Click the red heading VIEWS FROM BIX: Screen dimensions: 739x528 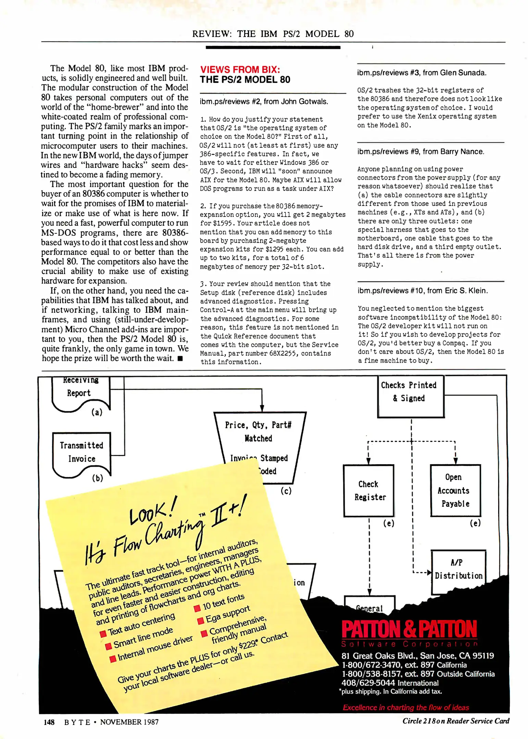(240, 69)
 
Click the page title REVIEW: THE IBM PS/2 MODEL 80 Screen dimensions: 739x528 (273, 34)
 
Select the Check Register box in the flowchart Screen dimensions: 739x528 (369, 490)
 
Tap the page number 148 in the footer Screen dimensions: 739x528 (49, 722)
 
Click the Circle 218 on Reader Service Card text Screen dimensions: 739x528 (455, 721)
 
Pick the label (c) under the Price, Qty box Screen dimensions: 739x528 (286, 491)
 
